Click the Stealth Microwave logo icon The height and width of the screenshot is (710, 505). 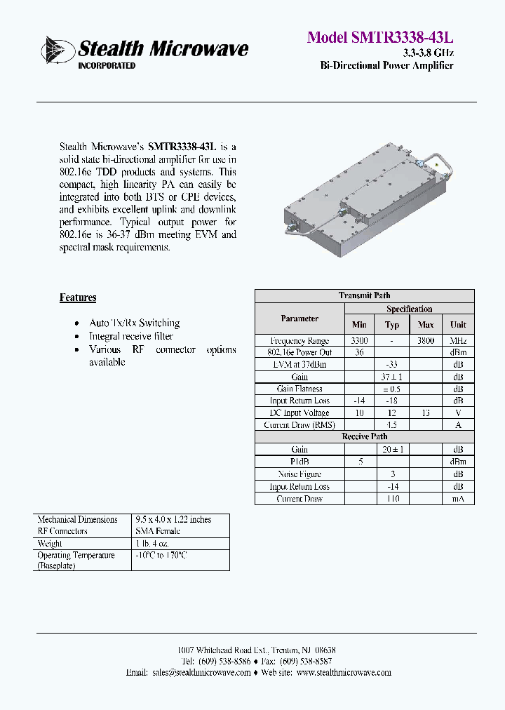point(58,50)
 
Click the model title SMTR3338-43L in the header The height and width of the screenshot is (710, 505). point(380,38)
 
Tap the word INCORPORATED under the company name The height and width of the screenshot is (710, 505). point(106,66)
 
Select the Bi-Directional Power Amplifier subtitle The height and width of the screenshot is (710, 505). point(386,66)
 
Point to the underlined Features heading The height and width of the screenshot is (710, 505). point(78,297)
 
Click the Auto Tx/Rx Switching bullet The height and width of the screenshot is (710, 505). point(134,323)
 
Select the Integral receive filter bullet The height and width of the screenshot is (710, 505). point(131,336)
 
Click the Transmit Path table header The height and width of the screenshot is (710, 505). point(364,295)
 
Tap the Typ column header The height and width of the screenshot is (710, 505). point(392,325)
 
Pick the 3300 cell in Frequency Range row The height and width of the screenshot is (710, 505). point(359,340)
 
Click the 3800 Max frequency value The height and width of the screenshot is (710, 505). point(425,340)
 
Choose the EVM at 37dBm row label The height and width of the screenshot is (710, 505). point(299,365)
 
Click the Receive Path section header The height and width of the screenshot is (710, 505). point(364,436)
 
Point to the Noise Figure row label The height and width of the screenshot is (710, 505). point(299,474)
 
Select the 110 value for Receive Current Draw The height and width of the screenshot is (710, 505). point(392,499)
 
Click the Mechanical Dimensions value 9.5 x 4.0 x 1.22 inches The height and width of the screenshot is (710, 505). point(173,519)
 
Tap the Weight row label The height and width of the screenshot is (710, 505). point(50,544)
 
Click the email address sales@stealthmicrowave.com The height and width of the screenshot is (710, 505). point(201,672)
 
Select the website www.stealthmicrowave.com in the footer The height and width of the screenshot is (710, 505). point(344,672)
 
